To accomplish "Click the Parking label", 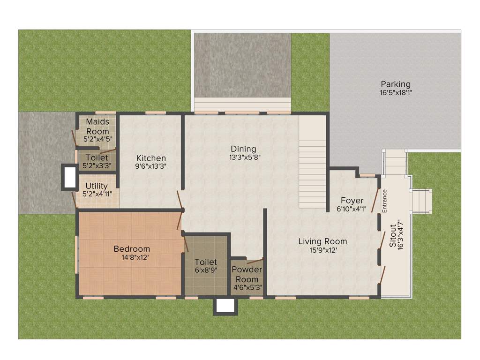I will pos(395,84).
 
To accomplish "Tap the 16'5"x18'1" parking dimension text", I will pos(396,93).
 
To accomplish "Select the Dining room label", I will pos(243,149).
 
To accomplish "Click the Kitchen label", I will pos(151,158).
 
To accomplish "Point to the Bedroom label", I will pos(132,249).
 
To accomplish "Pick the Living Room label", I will pos(322,241).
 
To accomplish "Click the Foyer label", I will pos(352,201).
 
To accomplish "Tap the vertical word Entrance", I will pos(385,201).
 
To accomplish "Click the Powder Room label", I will pos(247,274).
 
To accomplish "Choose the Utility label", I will pos(97,186).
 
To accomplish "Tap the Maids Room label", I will pos(97,127).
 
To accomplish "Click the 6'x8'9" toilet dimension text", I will pos(206,270).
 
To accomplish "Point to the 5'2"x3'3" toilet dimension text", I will pos(97,165).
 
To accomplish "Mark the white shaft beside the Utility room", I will pos(70,177).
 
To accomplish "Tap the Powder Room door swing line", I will pos(255,260).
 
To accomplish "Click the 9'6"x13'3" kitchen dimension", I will pos(151,166).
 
